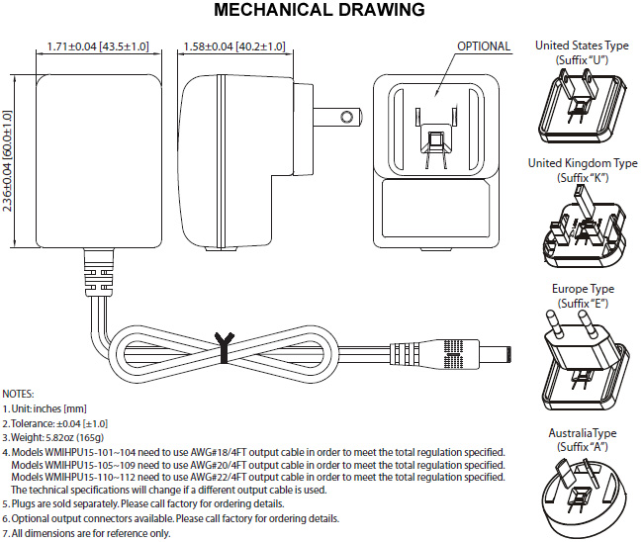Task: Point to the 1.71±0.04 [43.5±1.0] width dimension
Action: click(98, 46)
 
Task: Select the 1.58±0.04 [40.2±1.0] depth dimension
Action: click(234, 46)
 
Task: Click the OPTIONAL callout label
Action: click(484, 46)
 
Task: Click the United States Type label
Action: click(582, 45)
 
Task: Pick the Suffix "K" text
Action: click(582, 177)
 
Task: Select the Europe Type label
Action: click(582, 290)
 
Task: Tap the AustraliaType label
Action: click(582, 434)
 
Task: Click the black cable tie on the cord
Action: click(223, 344)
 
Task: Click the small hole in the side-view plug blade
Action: click(345, 117)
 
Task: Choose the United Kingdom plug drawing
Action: click(581, 232)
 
